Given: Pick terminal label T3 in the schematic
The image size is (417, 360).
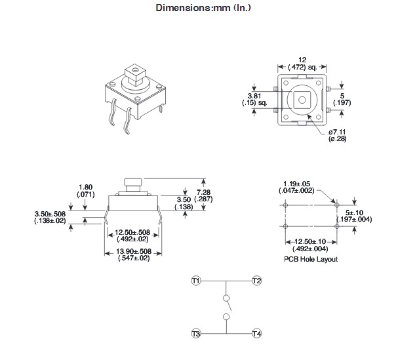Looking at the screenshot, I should tap(195, 334).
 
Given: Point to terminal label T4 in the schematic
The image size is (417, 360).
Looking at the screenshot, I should tap(256, 334).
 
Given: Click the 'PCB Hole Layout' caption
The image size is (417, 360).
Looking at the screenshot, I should tap(311, 259).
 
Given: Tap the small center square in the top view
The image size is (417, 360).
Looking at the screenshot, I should tap(302, 99).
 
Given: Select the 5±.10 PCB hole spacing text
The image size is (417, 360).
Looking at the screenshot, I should tap(354, 215).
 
